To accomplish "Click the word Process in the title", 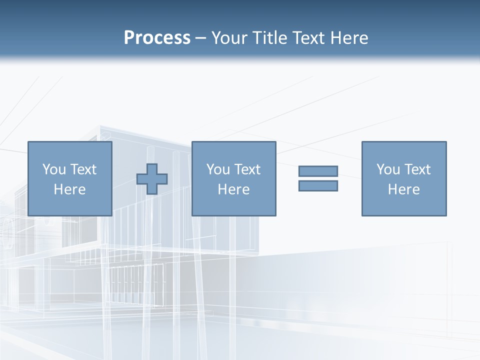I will (157, 38).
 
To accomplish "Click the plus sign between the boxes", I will (152, 179).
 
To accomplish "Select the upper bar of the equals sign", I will (318, 171).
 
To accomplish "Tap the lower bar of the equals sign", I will (318, 186).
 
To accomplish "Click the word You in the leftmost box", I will (54, 169).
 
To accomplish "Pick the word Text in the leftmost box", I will (82, 169).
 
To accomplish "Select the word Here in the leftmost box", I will (69, 189).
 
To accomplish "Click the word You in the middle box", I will (218, 169).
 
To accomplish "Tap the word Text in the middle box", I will (246, 169).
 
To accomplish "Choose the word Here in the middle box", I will (233, 189).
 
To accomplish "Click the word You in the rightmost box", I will (388, 169).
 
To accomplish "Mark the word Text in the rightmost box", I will (416, 169).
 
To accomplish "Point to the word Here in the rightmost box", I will (403, 189).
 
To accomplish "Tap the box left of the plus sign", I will (70, 205).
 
